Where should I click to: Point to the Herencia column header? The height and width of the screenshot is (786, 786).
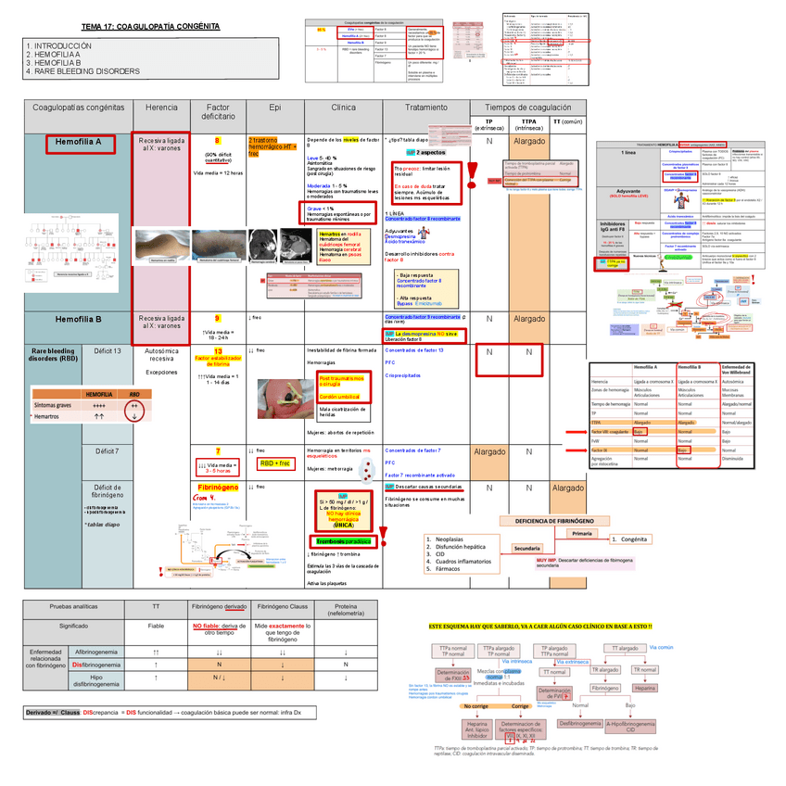tap(162, 108)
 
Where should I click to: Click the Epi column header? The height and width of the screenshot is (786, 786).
tap(275, 108)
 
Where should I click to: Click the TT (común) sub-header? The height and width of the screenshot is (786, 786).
tap(567, 121)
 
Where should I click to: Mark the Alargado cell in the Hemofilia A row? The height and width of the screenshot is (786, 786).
tap(529, 143)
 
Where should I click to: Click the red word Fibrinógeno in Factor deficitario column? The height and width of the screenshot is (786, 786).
tap(219, 487)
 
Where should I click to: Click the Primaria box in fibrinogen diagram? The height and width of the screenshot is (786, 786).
tap(581, 534)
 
